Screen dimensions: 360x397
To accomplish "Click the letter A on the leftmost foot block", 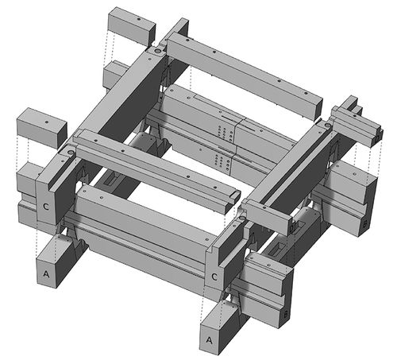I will coord(44,272).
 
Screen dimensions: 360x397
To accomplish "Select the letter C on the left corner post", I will coord(48,205).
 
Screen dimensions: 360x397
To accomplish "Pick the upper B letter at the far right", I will coord(363,225).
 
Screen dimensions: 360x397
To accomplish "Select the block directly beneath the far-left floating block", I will coord(30,179).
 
